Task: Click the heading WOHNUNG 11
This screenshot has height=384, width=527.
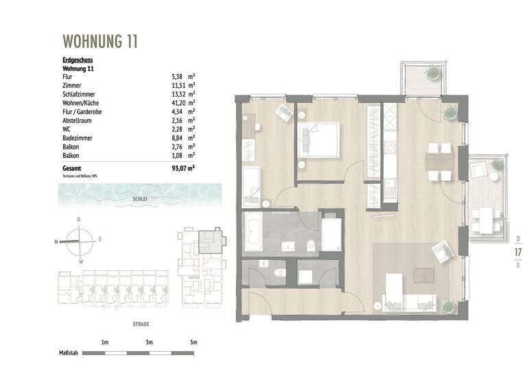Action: [100, 41]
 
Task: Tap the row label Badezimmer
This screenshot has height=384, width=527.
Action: [78, 138]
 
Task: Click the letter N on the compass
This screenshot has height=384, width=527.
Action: [56, 241]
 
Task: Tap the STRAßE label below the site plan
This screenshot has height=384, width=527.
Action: [141, 324]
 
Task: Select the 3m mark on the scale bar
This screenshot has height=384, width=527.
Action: [149, 341]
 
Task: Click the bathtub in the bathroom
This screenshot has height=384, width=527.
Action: [253, 233]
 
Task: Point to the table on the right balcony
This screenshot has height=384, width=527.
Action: [488, 219]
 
